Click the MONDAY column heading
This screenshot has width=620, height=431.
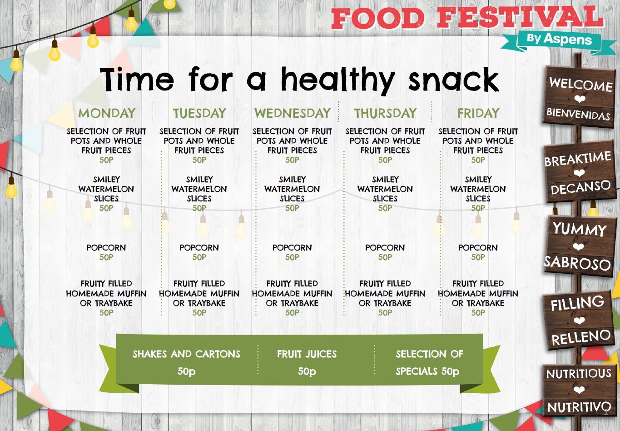coord(107,113)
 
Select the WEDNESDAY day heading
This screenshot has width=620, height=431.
coord(293,113)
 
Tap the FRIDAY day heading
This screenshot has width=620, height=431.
coord(478,113)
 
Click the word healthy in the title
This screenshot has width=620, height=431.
coord(338,80)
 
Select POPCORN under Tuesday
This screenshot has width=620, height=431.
coord(199,248)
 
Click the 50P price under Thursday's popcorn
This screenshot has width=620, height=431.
coord(385,257)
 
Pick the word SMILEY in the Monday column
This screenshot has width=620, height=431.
coord(107,180)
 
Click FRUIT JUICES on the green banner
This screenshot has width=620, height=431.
coord(307,354)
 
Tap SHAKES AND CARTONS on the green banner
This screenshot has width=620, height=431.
coord(186,354)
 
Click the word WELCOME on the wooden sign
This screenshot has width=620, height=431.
coord(580,85)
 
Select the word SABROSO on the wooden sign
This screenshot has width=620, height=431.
coord(577,263)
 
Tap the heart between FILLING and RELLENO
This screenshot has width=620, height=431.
coord(579,321)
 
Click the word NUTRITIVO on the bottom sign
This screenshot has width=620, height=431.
coord(579,407)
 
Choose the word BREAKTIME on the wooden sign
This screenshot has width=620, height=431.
coord(578,159)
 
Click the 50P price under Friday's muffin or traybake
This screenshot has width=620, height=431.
coord(478,313)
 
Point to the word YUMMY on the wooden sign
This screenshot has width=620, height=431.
coord(580,229)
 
